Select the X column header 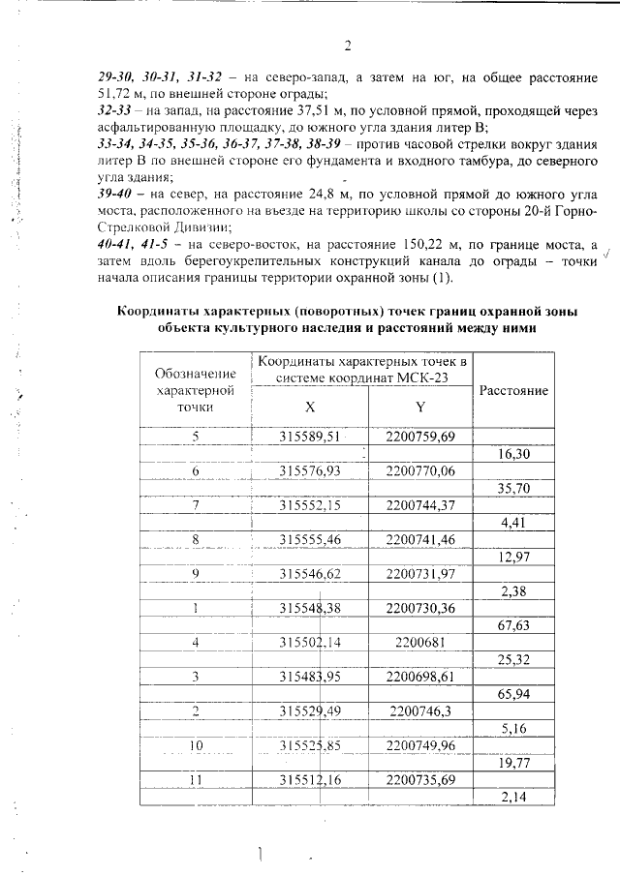click(309, 407)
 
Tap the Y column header click(419, 407)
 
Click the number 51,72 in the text click(119, 93)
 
